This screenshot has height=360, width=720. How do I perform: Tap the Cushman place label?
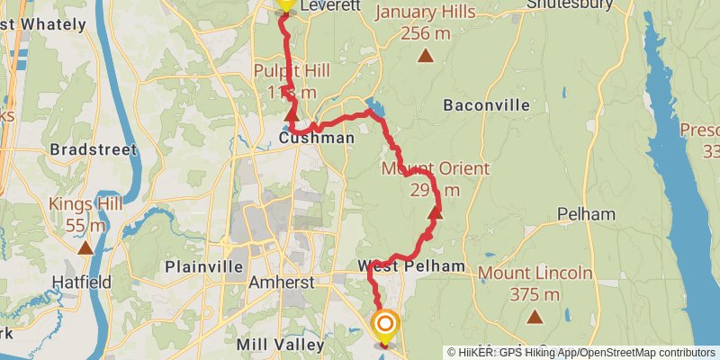tap(317, 139)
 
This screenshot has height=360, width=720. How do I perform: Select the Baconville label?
tap(487, 105)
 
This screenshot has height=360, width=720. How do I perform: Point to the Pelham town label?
tap(586, 214)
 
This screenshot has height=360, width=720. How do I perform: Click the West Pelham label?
tap(411, 266)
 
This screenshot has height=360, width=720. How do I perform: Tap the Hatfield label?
tap(81, 283)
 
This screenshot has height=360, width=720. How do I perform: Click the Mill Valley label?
tap(280, 345)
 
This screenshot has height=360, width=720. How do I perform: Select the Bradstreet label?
tap(94, 149)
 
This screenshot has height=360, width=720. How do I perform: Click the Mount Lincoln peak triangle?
tap(535, 316)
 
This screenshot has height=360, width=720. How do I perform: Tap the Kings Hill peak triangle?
tap(85, 247)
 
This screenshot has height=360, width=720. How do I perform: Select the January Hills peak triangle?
tap(426, 56)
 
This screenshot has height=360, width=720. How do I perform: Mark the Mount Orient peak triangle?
tap(436, 213)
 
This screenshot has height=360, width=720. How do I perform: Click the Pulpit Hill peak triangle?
tap(291, 115)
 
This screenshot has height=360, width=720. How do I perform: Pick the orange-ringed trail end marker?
tap(385, 325)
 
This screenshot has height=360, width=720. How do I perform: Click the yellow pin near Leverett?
tap(284, 4)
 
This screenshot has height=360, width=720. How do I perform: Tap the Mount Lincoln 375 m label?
tap(535, 283)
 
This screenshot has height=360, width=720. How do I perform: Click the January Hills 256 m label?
tap(426, 22)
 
